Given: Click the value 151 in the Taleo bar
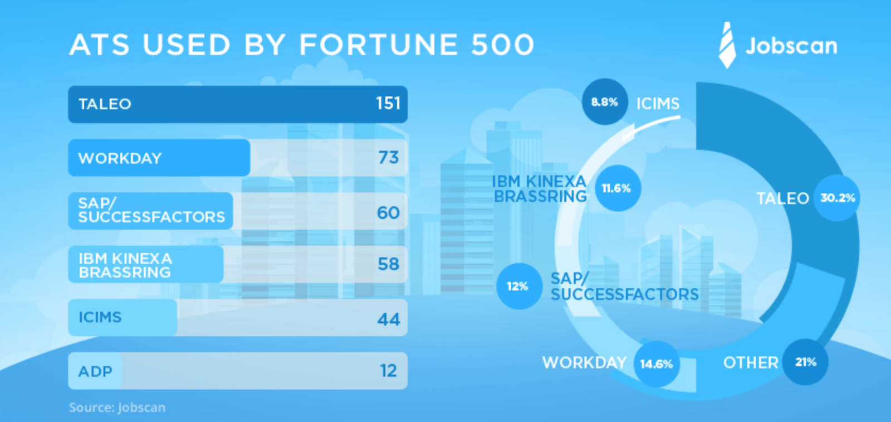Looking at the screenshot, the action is (388, 104).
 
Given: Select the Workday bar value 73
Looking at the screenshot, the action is (388, 158).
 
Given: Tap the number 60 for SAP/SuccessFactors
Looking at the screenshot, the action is (388, 212).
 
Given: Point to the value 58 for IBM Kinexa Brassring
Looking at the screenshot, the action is (388, 264).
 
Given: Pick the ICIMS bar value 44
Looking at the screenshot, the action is (388, 319).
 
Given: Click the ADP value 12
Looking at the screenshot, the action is (388, 371).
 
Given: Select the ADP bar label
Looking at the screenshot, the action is (95, 371).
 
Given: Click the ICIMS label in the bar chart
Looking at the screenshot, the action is (100, 317).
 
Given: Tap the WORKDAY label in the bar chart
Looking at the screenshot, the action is (120, 158).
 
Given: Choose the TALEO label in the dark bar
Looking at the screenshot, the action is (105, 104).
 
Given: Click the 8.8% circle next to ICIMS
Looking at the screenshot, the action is (605, 102).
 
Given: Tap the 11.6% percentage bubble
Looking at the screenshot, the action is (618, 188).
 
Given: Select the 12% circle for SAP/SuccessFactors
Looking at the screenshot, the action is (518, 286).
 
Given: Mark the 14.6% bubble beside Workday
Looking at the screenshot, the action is (657, 363).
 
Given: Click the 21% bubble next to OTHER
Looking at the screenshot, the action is (805, 362).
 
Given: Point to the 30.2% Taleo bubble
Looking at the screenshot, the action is (837, 198).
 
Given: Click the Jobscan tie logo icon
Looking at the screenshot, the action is (727, 45).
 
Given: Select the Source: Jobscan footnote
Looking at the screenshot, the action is (117, 408).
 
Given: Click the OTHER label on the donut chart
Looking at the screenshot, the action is (751, 363).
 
